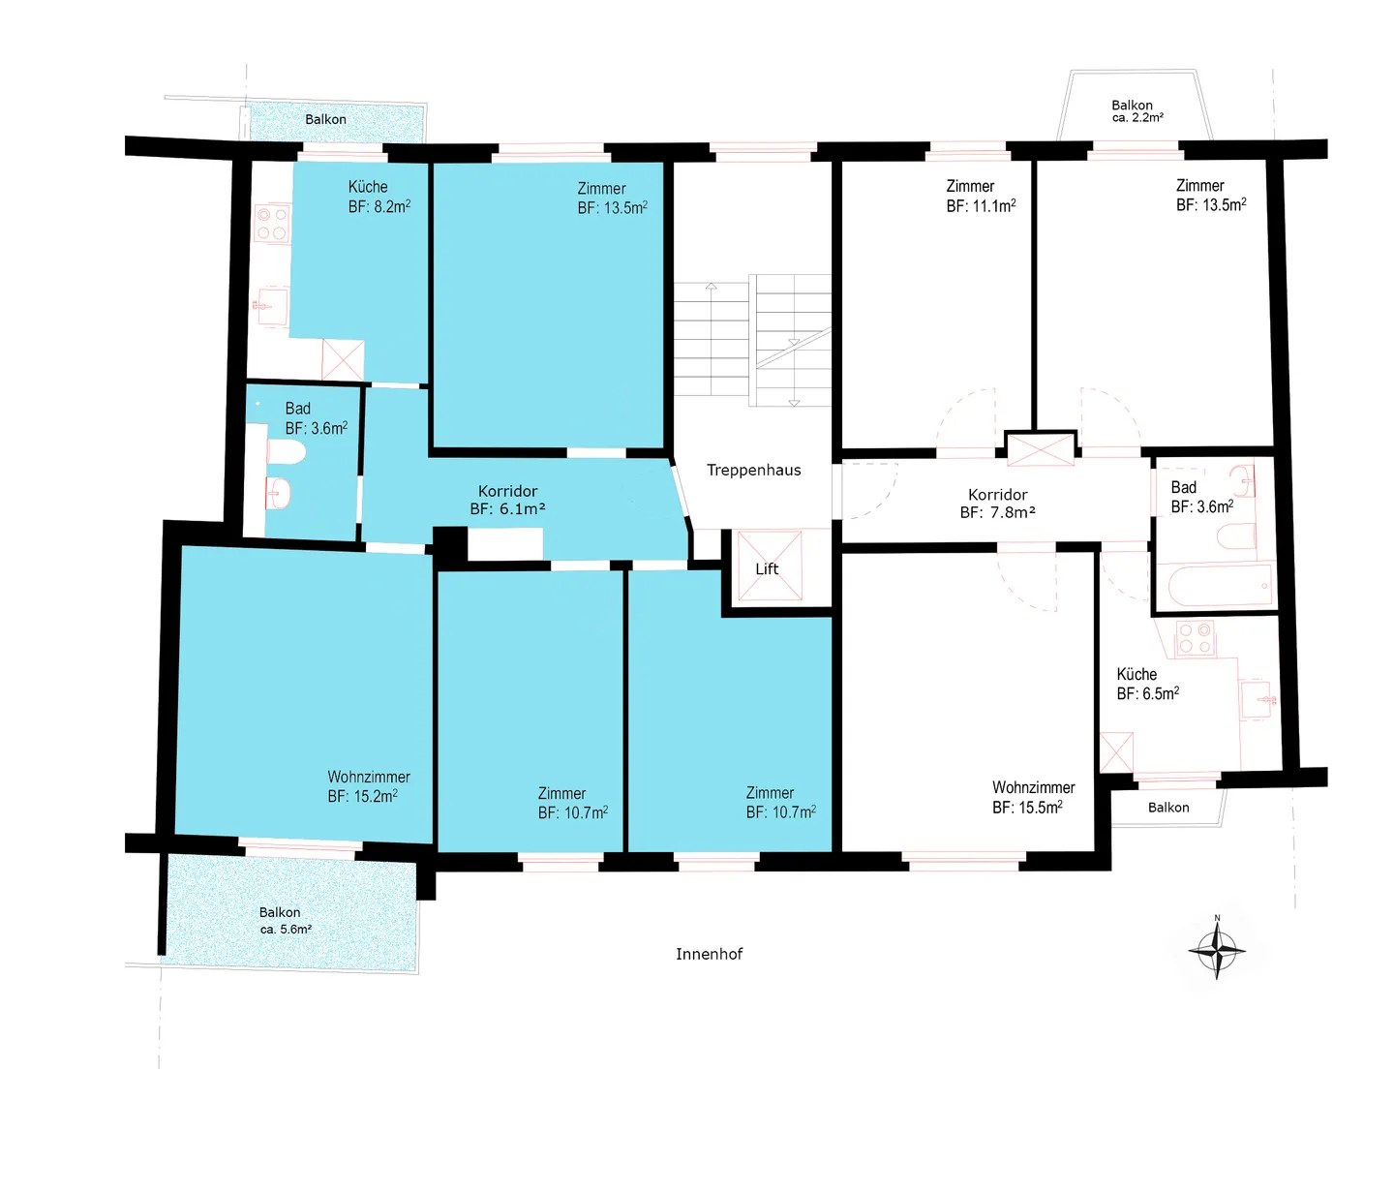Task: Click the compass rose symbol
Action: tap(1216, 951)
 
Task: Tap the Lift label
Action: tap(767, 568)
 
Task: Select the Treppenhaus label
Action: tap(753, 470)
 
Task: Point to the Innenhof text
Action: tap(709, 954)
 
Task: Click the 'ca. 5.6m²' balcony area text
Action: tap(286, 930)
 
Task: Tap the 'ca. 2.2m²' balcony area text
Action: tap(1137, 117)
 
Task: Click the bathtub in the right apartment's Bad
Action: tap(1220, 585)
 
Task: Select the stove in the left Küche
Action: tap(272, 224)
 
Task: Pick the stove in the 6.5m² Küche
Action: tap(1196, 638)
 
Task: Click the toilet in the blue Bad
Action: tap(286, 452)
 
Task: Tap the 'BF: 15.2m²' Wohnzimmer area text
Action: tap(362, 796)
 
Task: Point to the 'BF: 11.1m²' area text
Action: tap(981, 206)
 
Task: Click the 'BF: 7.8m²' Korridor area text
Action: tap(997, 512)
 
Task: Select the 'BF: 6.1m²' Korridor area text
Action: tap(507, 508)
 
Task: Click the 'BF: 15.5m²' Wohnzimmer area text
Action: tap(1027, 807)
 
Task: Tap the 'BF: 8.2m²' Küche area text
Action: tap(379, 206)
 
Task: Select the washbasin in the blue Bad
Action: tap(278, 493)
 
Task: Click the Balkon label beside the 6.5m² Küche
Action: tap(1168, 807)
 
